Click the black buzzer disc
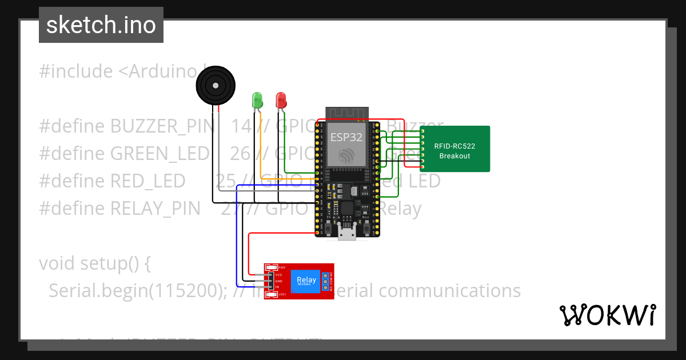click(215, 86)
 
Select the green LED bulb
click(257, 100)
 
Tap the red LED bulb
click(281, 100)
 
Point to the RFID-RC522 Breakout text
click(454, 151)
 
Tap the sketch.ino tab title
click(101, 25)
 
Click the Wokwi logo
click(607, 315)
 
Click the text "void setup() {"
click(95, 263)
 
